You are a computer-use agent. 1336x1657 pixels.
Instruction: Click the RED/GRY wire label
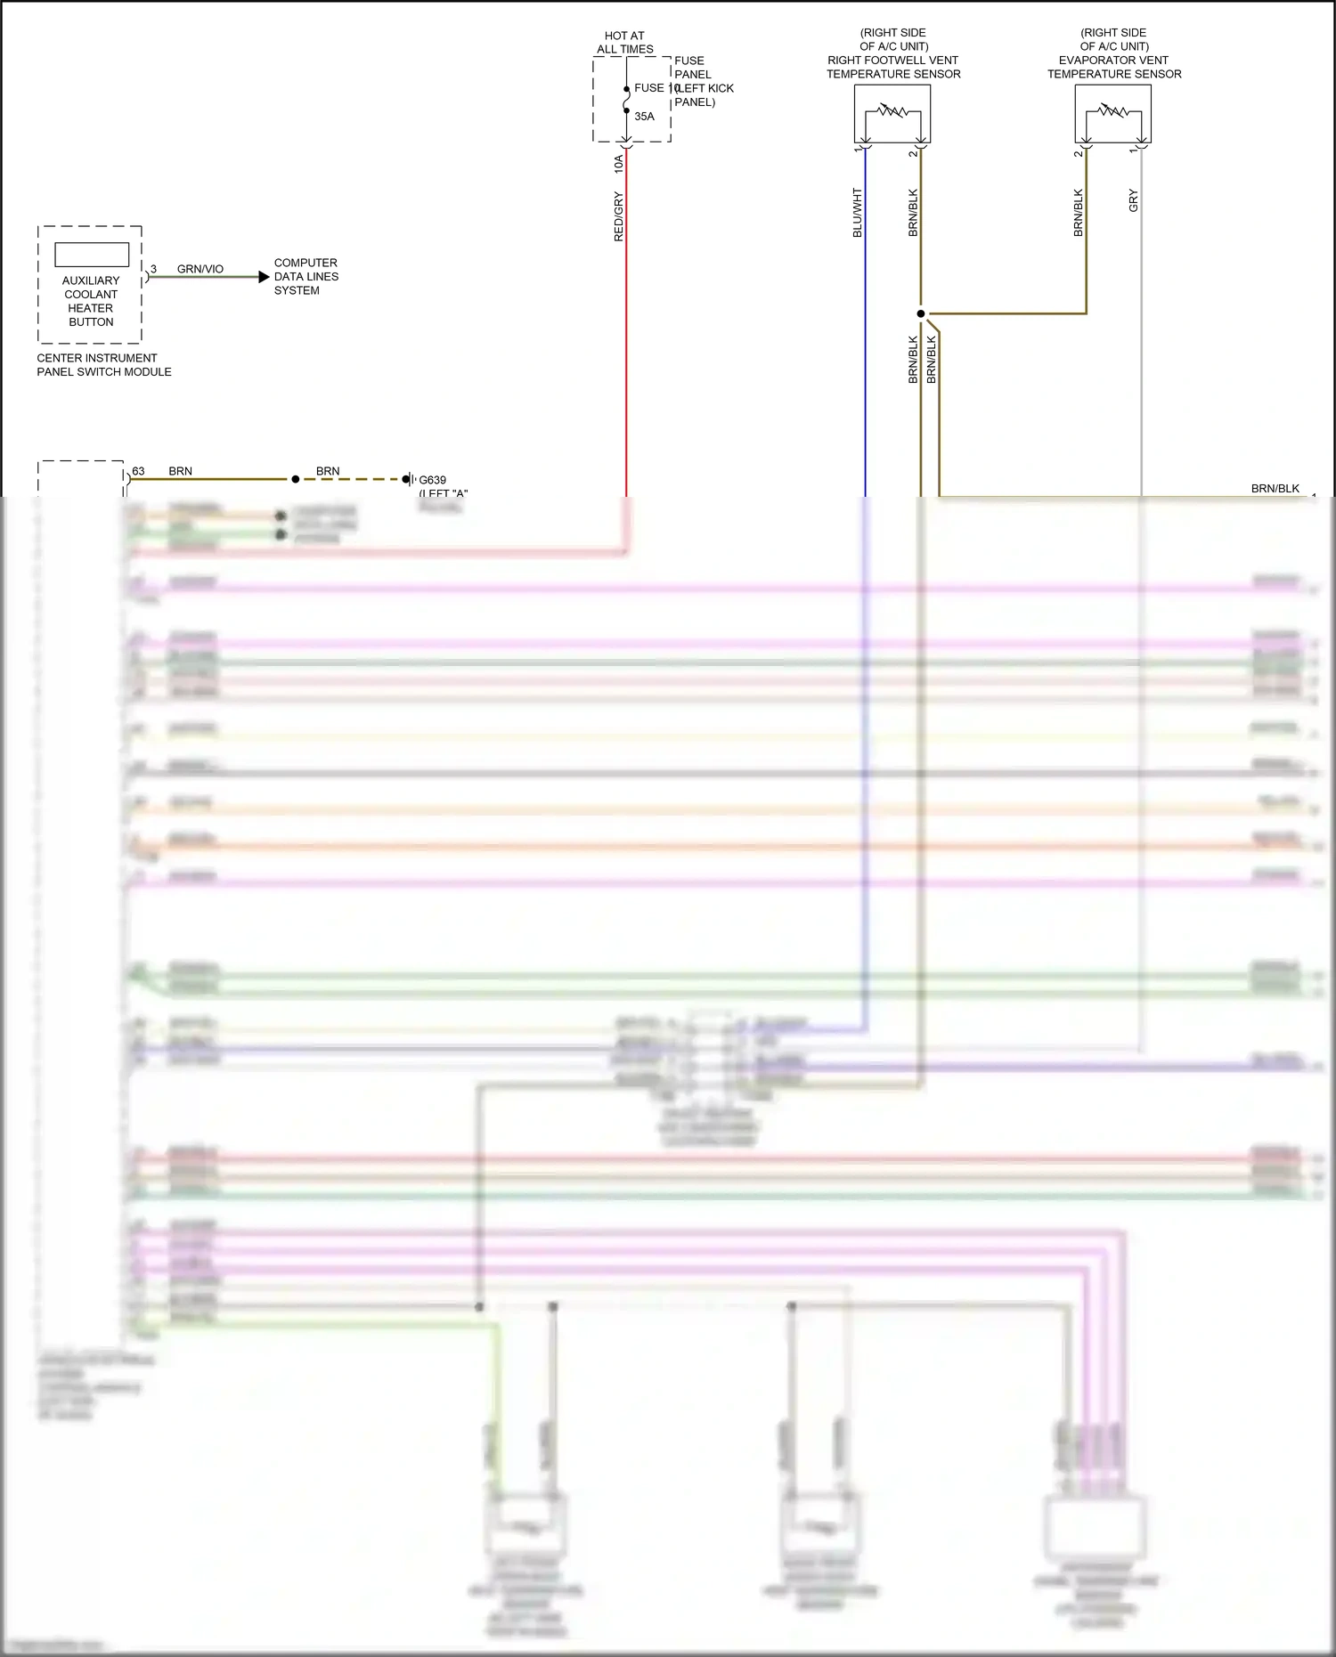pos(618,216)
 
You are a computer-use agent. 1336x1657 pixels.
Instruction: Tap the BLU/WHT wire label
pos(858,213)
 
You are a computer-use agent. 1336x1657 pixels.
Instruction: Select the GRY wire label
pos(1133,200)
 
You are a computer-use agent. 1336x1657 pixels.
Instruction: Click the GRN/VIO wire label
pos(200,269)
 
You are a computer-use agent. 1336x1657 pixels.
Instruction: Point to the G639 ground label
pos(433,480)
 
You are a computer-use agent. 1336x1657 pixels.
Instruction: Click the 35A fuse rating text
pos(644,117)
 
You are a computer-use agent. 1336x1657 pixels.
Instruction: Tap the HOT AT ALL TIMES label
pos(624,43)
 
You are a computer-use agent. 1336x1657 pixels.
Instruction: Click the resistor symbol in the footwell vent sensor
pos(892,112)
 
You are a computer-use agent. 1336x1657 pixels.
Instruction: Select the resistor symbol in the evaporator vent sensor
pos(1112,112)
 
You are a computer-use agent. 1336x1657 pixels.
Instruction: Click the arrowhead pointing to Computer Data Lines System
pos(264,277)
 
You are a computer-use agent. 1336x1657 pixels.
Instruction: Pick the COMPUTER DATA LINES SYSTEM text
pos(305,277)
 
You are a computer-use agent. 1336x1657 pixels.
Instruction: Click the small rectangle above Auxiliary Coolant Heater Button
pos(92,255)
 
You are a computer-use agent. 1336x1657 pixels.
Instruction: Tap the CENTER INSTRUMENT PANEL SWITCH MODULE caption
pos(103,365)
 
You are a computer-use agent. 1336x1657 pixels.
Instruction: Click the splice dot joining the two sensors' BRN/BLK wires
pos(921,313)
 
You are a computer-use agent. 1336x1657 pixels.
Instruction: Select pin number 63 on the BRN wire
pos(138,471)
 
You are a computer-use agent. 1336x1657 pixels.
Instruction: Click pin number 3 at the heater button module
pos(153,269)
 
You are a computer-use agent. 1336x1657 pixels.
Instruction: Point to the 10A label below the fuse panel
pos(618,164)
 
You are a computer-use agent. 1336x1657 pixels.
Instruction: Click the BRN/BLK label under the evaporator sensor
pos(1079,213)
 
